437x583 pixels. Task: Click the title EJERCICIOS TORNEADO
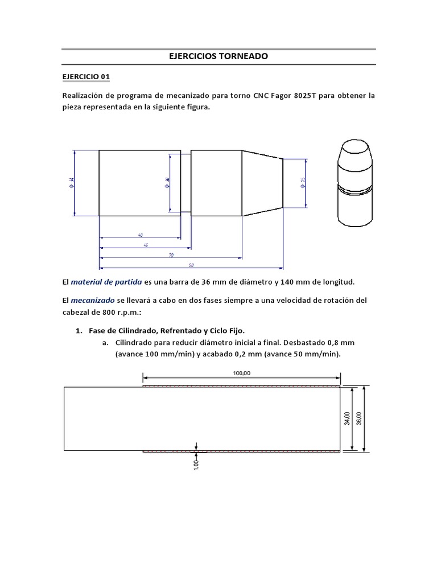(218, 57)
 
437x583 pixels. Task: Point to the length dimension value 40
(139, 235)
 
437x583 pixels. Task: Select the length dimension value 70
(171, 256)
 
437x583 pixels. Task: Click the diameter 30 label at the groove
(167, 183)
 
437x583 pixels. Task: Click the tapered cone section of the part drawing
(262, 183)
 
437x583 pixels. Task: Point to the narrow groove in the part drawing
(185, 183)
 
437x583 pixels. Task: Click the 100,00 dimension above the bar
(241, 373)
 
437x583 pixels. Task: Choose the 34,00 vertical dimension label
(347, 419)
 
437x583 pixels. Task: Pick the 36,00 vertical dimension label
(358, 419)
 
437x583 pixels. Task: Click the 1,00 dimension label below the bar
(196, 465)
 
